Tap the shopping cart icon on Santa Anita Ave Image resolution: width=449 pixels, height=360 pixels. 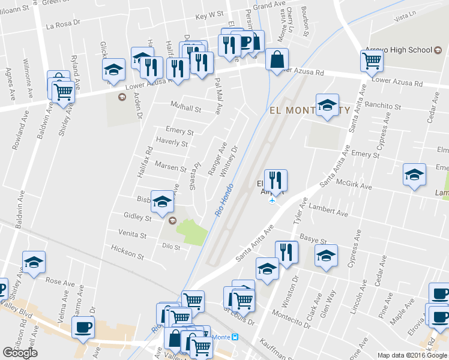tap(372, 60)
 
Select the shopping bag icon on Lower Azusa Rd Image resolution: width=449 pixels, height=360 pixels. tap(277, 59)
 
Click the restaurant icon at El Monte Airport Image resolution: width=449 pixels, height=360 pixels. tap(276, 180)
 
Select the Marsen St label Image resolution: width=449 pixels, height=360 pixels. tap(171, 166)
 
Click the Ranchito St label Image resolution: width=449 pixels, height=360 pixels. tap(382, 106)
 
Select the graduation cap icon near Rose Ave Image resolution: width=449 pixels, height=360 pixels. tap(34, 262)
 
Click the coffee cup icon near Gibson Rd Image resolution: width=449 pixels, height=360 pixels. tap(83, 328)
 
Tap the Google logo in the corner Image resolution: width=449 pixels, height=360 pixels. tap(20, 353)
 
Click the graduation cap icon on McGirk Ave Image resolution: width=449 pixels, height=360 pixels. tap(414, 174)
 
